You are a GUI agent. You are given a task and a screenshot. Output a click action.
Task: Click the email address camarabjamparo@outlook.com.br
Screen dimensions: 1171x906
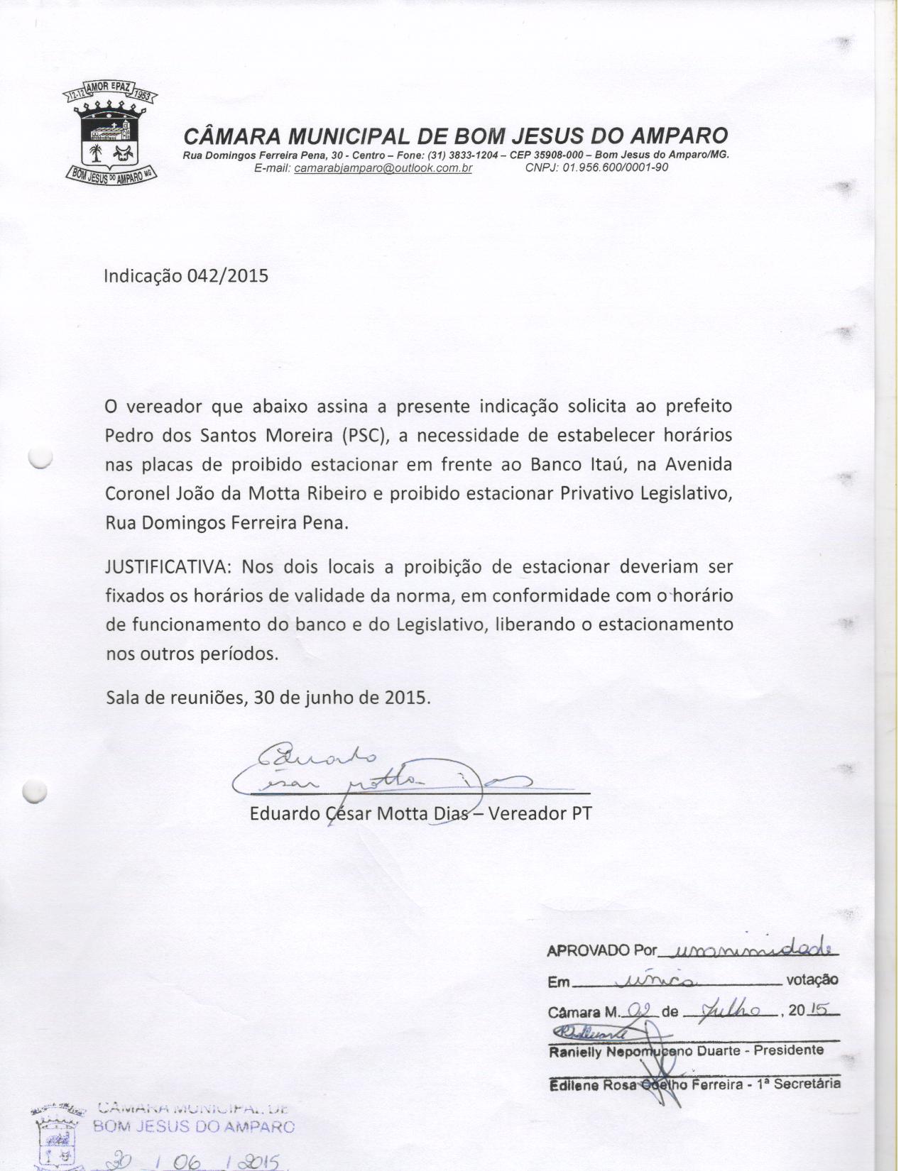[383, 168]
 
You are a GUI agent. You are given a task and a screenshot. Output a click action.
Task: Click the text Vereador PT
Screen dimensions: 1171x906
[540, 813]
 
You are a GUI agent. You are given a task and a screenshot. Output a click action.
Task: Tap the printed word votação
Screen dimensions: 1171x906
[812, 980]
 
